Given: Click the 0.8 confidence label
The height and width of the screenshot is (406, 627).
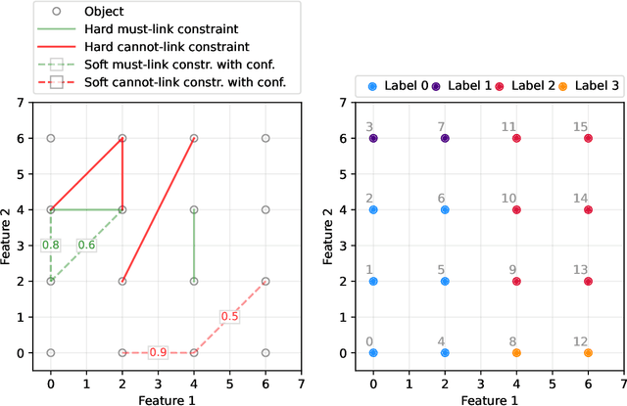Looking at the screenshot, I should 51,245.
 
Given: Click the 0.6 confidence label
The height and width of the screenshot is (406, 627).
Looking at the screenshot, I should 86,245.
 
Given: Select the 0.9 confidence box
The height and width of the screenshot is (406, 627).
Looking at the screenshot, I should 158,352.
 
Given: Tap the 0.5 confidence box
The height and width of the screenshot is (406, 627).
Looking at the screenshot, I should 229,316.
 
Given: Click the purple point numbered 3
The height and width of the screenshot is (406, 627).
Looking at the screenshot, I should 373,138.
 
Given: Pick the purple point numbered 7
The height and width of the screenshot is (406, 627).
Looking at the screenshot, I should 445,138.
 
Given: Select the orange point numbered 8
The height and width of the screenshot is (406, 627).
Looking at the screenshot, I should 516,352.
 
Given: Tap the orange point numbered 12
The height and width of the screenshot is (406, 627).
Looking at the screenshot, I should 588,352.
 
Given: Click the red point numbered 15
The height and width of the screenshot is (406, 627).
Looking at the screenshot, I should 588,138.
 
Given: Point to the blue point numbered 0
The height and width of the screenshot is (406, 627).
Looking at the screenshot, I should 373,352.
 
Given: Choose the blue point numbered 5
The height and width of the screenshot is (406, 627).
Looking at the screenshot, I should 445,281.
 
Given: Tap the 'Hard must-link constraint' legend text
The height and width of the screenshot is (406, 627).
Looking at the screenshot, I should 154,30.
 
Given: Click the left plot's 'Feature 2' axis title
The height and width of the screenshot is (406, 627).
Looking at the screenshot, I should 8,227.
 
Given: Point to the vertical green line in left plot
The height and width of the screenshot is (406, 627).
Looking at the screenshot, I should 194,245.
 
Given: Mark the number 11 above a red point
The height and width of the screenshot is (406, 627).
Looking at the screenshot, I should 509,126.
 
